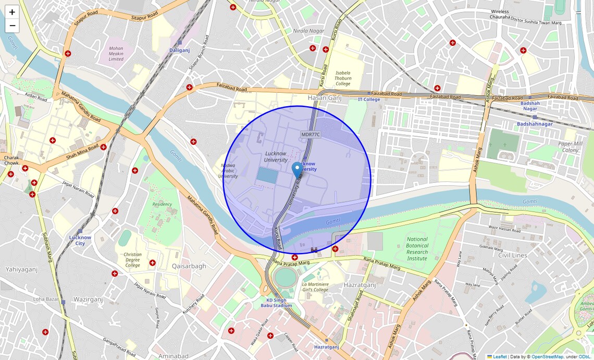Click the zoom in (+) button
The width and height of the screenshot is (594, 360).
click(12, 12)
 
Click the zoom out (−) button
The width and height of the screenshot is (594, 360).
click(12, 26)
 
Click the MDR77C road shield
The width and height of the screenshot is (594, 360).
click(311, 134)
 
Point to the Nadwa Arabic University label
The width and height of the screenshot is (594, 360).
click(228, 170)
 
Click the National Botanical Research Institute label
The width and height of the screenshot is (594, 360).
click(417, 249)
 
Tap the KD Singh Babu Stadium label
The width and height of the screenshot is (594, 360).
click(276, 303)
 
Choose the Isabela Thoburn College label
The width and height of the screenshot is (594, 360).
click(343, 78)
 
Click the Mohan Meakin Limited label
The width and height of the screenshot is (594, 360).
click(116, 54)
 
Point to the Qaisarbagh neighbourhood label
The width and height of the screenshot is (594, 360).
click(189, 266)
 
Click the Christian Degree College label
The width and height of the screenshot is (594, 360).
click(132, 259)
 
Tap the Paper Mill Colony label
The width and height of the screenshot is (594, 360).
click(570, 147)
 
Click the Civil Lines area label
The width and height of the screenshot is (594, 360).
click(512, 255)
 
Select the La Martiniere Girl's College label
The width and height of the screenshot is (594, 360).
click(315, 287)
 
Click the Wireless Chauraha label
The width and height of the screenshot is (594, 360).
click(500, 14)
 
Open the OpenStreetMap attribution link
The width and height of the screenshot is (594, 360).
click(547, 357)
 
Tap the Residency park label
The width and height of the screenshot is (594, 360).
click(162, 204)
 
